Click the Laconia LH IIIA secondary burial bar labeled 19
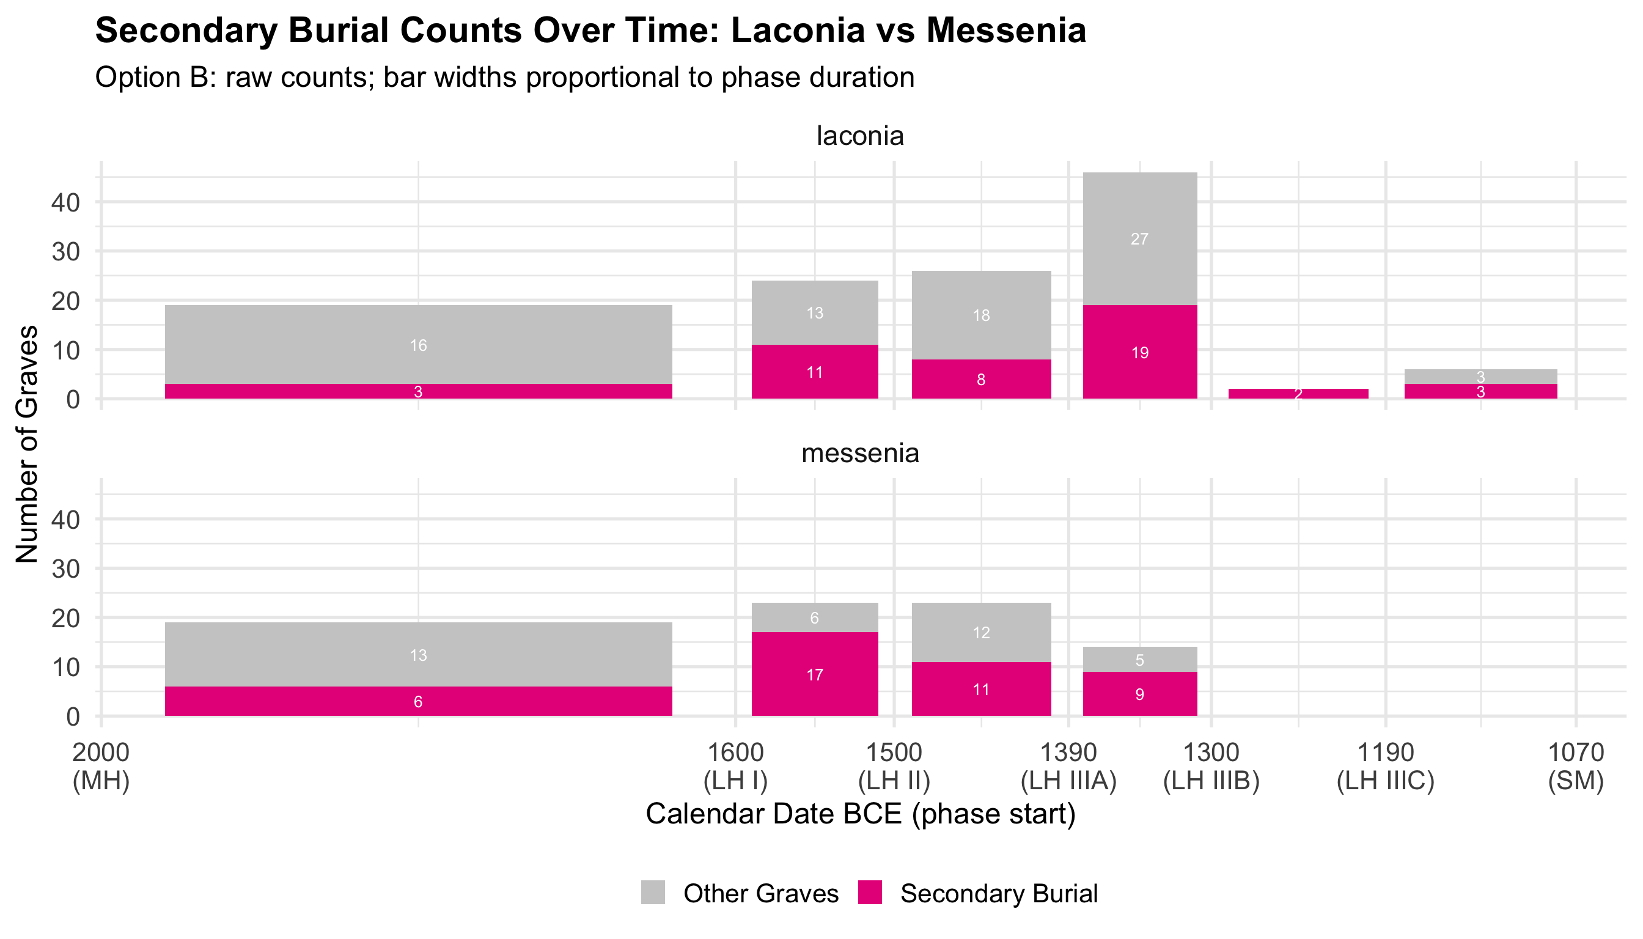1139,352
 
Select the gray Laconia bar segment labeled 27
1139,238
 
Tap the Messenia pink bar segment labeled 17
814,674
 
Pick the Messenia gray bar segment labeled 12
981,632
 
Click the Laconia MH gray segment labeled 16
418,344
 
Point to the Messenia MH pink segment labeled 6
418,701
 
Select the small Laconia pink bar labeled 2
1298,394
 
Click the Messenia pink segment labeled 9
1139,694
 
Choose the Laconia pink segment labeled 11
814,372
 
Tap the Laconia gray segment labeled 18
981,315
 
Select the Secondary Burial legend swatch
870,893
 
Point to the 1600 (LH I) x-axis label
736,766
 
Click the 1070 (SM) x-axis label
1575,766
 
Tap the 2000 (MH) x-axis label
101,766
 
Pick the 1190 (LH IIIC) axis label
1386,766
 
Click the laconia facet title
859,136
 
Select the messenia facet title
859,454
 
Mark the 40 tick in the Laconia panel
66,202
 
